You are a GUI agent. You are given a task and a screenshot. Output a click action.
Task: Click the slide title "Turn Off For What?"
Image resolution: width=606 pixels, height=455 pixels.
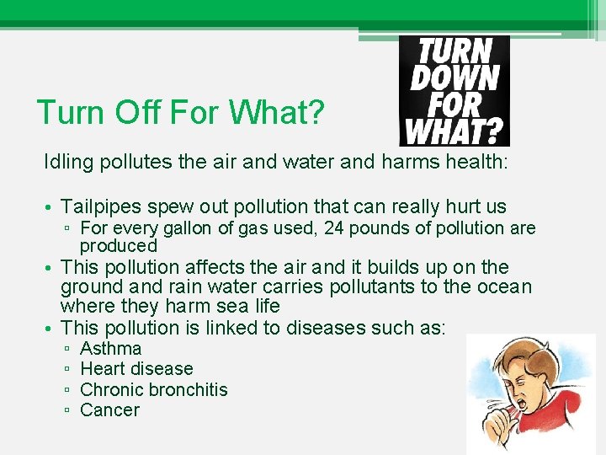click(x=180, y=111)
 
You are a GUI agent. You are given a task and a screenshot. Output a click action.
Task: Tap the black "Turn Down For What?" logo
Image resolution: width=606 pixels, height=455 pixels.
click(x=454, y=90)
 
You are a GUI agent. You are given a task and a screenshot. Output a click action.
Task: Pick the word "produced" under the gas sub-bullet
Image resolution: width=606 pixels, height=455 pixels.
click(x=119, y=246)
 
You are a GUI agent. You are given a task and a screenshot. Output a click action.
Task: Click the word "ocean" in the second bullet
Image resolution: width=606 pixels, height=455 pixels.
click(x=504, y=287)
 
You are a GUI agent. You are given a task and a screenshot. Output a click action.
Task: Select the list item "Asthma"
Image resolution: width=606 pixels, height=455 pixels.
click(x=110, y=349)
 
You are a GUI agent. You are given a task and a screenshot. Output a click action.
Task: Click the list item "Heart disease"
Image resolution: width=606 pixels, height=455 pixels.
click(x=136, y=369)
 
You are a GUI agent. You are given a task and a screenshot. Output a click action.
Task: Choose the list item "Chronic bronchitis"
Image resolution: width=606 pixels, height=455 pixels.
click(x=153, y=389)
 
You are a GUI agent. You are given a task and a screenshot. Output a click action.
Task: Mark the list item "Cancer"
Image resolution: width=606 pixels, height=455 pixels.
click(x=109, y=410)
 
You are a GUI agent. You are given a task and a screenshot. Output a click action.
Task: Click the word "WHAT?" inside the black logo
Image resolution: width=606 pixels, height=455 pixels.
click(x=454, y=130)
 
